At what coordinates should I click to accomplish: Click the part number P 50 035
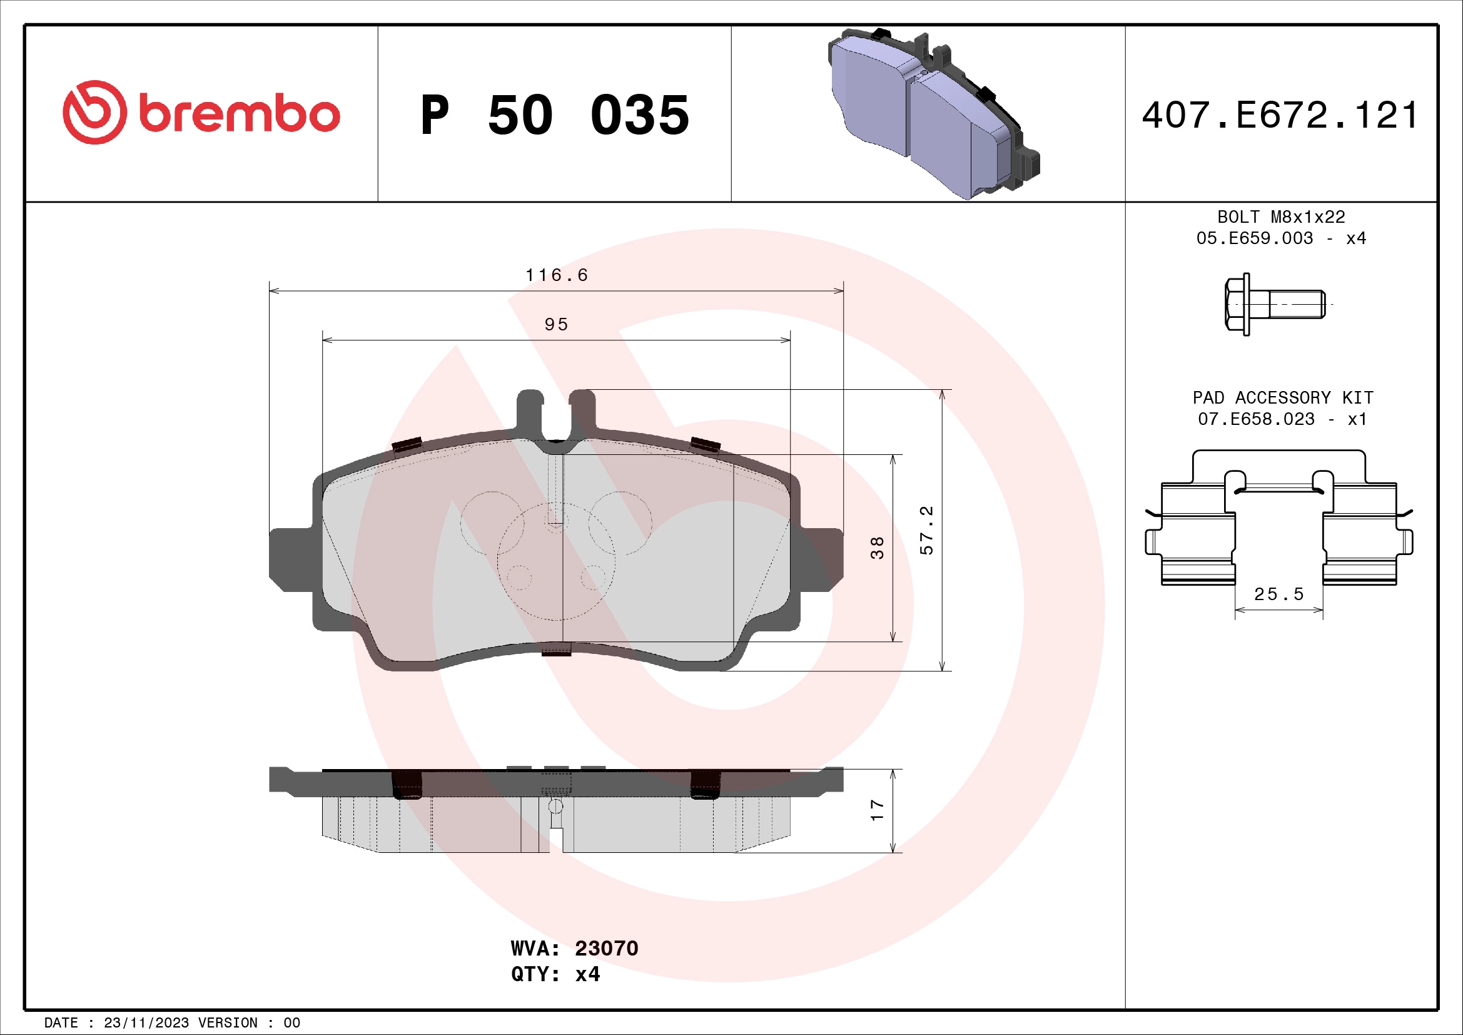[554, 115]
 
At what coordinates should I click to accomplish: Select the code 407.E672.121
[1280, 115]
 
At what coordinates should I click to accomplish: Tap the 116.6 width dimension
[556, 275]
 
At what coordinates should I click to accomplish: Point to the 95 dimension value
[556, 324]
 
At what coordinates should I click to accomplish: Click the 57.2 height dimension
[926, 530]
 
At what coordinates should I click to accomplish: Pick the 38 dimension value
[878, 548]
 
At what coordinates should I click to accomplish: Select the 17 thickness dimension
[878, 810]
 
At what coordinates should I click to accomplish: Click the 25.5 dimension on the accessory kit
[1278, 594]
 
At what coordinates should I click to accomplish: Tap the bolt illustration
[1273, 305]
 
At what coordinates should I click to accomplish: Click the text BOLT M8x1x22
[1281, 217]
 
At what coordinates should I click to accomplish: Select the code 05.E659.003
[1254, 238]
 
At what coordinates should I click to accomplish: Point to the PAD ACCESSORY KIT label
[1282, 398]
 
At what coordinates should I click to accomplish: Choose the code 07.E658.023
[1255, 419]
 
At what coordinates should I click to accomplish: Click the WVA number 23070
[606, 948]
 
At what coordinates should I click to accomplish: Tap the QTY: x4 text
[555, 974]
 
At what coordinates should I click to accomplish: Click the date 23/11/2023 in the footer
[146, 1023]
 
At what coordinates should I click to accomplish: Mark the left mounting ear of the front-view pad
[291, 559]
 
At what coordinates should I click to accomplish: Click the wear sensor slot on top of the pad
[555, 414]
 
